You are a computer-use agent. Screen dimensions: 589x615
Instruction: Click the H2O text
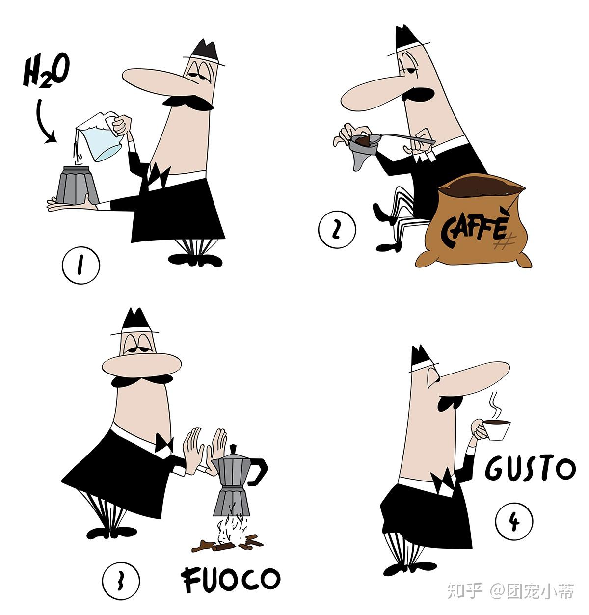[x=46, y=70]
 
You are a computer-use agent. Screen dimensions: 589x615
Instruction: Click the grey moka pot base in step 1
[x=77, y=185]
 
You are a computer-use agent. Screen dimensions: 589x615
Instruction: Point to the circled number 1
[x=81, y=265]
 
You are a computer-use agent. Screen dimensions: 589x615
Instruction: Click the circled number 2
[x=337, y=230]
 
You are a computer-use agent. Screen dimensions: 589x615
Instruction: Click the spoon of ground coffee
[x=395, y=138]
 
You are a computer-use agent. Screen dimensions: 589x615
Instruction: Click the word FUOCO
[x=230, y=579]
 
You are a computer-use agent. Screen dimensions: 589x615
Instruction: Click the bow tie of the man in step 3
[x=164, y=443]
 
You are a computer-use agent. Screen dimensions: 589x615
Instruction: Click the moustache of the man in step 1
[x=188, y=102]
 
